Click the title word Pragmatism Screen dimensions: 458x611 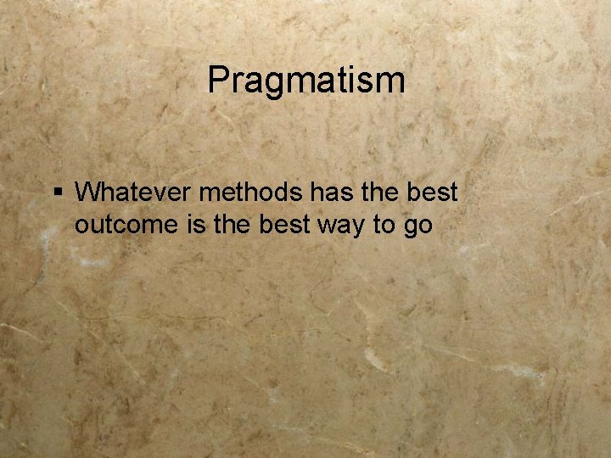pyautogui.click(x=306, y=81)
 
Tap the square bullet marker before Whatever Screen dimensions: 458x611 pyautogui.click(x=57, y=193)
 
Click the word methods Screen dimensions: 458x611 pyautogui.click(x=249, y=193)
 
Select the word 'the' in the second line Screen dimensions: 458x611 pyautogui.click(x=225, y=226)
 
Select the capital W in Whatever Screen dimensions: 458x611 pyautogui.click(x=88, y=193)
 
